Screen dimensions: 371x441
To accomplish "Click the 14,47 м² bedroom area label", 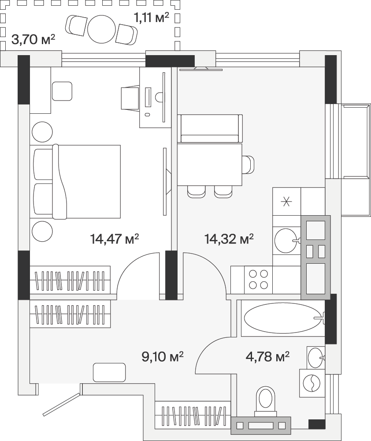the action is coord(115,239).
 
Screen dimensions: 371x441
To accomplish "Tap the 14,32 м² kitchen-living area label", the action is coord(229,239).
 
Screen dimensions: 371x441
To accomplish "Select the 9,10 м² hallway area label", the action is coord(163,356).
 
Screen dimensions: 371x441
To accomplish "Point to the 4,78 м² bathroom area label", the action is coord(267,356).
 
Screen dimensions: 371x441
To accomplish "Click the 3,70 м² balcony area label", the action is coord(33,40).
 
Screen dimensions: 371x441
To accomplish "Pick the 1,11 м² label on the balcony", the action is coord(152,18).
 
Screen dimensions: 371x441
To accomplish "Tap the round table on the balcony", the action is coord(101,29).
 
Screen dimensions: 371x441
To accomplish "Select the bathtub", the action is coord(283,318).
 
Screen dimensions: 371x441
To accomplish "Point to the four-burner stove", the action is coord(258,280).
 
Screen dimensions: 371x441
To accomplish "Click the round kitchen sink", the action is coord(285,241).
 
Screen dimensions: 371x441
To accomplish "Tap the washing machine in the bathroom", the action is coord(312,383).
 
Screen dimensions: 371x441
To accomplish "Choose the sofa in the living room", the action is coord(210,128).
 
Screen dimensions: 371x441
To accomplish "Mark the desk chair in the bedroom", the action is coord(130,98).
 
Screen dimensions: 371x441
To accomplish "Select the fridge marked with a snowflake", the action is coord(287,202).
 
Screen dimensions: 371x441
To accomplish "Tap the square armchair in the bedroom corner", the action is coord(62,91).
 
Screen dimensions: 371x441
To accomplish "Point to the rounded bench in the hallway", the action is coord(109,372).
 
